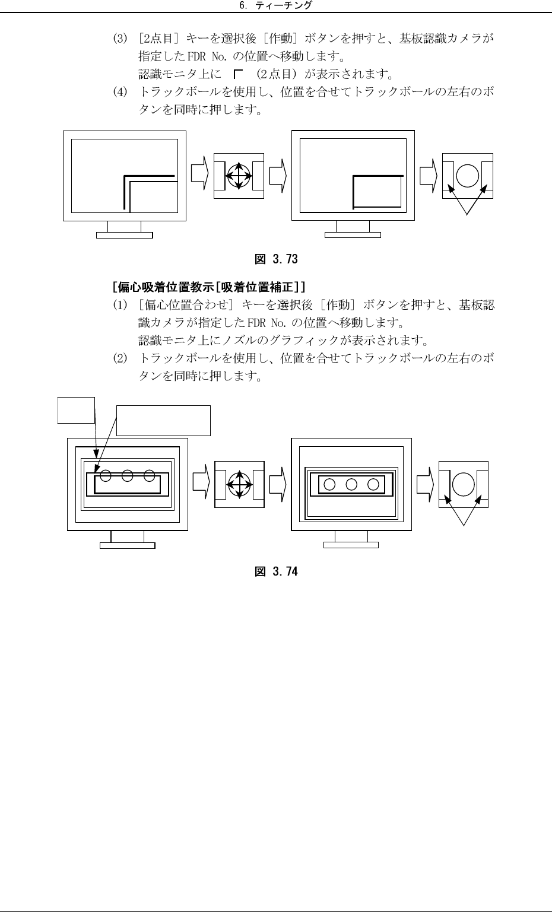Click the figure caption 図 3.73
pyautogui.click(x=276, y=259)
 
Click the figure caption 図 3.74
pyautogui.click(x=276, y=571)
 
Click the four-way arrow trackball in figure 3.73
pyautogui.click(x=238, y=176)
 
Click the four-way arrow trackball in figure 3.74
pyautogui.click(x=238, y=484)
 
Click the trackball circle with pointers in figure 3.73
pyautogui.click(x=468, y=176)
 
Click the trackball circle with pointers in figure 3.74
pyautogui.click(x=464, y=484)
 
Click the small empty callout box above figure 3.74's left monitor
pyautogui.click(x=76, y=410)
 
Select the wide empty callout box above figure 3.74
pyautogui.click(x=163, y=420)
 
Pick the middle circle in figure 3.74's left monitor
pyautogui.click(x=127, y=475)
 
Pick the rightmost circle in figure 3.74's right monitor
pyautogui.click(x=373, y=484)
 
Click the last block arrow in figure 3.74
pyautogui.click(x=426, y=484)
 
